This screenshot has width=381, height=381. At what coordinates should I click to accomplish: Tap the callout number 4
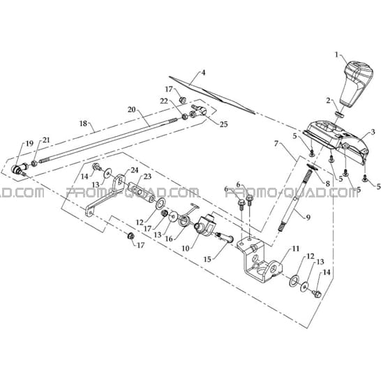203,73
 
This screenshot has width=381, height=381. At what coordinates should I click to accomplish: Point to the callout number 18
83,124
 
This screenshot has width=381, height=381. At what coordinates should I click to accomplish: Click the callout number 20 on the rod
132,110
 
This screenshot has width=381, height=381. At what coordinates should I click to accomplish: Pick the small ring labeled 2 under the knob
339,114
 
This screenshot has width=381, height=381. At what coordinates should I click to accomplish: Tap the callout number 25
223,124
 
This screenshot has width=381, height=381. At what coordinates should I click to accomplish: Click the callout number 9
308,218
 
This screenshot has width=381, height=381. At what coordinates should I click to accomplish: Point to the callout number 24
135,170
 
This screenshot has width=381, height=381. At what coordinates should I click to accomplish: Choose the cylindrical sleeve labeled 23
142,192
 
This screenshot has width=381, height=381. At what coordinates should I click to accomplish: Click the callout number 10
185,248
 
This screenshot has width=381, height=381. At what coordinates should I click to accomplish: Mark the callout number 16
169,239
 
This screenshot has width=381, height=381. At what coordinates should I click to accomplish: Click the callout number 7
276,144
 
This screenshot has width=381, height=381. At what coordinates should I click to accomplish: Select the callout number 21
47,140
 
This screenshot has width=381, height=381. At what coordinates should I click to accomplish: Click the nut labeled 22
184,117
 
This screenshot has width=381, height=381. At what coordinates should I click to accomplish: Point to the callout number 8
327,184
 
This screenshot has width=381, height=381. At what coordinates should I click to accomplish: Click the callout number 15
208,260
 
